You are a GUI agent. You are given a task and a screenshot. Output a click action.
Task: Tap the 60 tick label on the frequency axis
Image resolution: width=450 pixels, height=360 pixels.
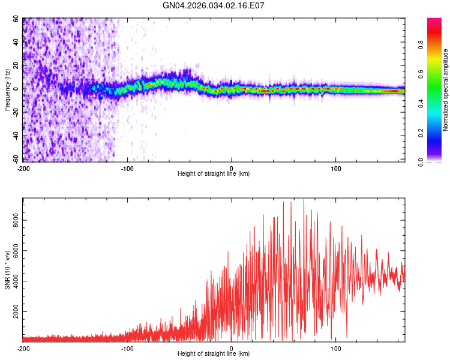[16, 19]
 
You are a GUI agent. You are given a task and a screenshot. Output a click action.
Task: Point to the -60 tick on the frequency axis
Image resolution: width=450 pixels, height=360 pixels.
[15, 159]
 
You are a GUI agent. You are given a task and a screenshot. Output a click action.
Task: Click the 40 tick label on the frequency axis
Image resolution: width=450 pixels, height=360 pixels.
[16, 42]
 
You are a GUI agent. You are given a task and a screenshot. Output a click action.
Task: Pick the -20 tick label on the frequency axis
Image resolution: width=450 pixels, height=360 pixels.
[15, 112]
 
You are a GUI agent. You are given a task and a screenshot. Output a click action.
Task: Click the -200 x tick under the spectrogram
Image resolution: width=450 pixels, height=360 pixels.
[23, 167]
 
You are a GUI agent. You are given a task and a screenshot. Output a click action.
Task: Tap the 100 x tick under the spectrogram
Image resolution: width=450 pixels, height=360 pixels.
[336, 167]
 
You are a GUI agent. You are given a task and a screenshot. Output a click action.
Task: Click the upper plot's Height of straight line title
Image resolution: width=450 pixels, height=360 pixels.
[214, 174]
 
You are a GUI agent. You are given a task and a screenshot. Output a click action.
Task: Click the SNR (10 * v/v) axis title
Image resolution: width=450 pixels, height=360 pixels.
[7, 270]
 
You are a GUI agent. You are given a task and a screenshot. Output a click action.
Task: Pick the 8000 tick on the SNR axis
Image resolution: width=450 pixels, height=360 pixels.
[13, 221]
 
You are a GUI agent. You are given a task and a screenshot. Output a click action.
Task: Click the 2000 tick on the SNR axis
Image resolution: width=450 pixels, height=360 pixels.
[13, 313]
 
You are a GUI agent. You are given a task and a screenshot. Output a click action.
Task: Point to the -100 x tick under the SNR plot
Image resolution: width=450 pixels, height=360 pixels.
[127, 348]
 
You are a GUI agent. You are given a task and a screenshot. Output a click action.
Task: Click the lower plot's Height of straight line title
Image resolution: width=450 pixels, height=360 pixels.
[214, 354]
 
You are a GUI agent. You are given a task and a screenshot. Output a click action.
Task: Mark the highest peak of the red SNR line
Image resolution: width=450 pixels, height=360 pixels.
[304, 199]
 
